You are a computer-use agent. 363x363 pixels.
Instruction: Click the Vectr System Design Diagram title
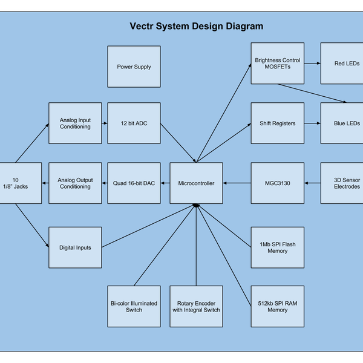click(197, 27)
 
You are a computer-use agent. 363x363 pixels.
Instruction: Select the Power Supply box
click(134, 67)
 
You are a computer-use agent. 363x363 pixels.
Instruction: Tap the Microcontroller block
click(196, 183)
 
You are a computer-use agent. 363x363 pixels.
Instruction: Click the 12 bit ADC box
click(134, 123)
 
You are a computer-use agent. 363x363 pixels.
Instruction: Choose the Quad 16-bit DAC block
click(134, 183)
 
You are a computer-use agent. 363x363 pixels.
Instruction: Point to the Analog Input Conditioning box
click(75, 123)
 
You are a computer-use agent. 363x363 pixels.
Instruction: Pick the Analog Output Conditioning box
click(75, 183)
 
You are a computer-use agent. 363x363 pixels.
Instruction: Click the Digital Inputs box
click(75, 247)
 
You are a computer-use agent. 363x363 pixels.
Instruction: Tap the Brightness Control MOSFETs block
click(278, 64)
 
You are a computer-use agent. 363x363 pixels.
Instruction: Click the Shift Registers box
click(278, 123)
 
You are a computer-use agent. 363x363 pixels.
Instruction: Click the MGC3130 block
click(278, 183)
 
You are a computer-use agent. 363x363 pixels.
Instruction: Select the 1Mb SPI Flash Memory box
click(278, 247)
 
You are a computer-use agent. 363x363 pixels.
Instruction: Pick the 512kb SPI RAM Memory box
click(278, 306)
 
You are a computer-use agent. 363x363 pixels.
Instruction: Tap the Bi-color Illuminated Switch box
click(134, 306)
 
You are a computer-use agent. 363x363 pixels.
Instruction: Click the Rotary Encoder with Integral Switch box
click(196, 306)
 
